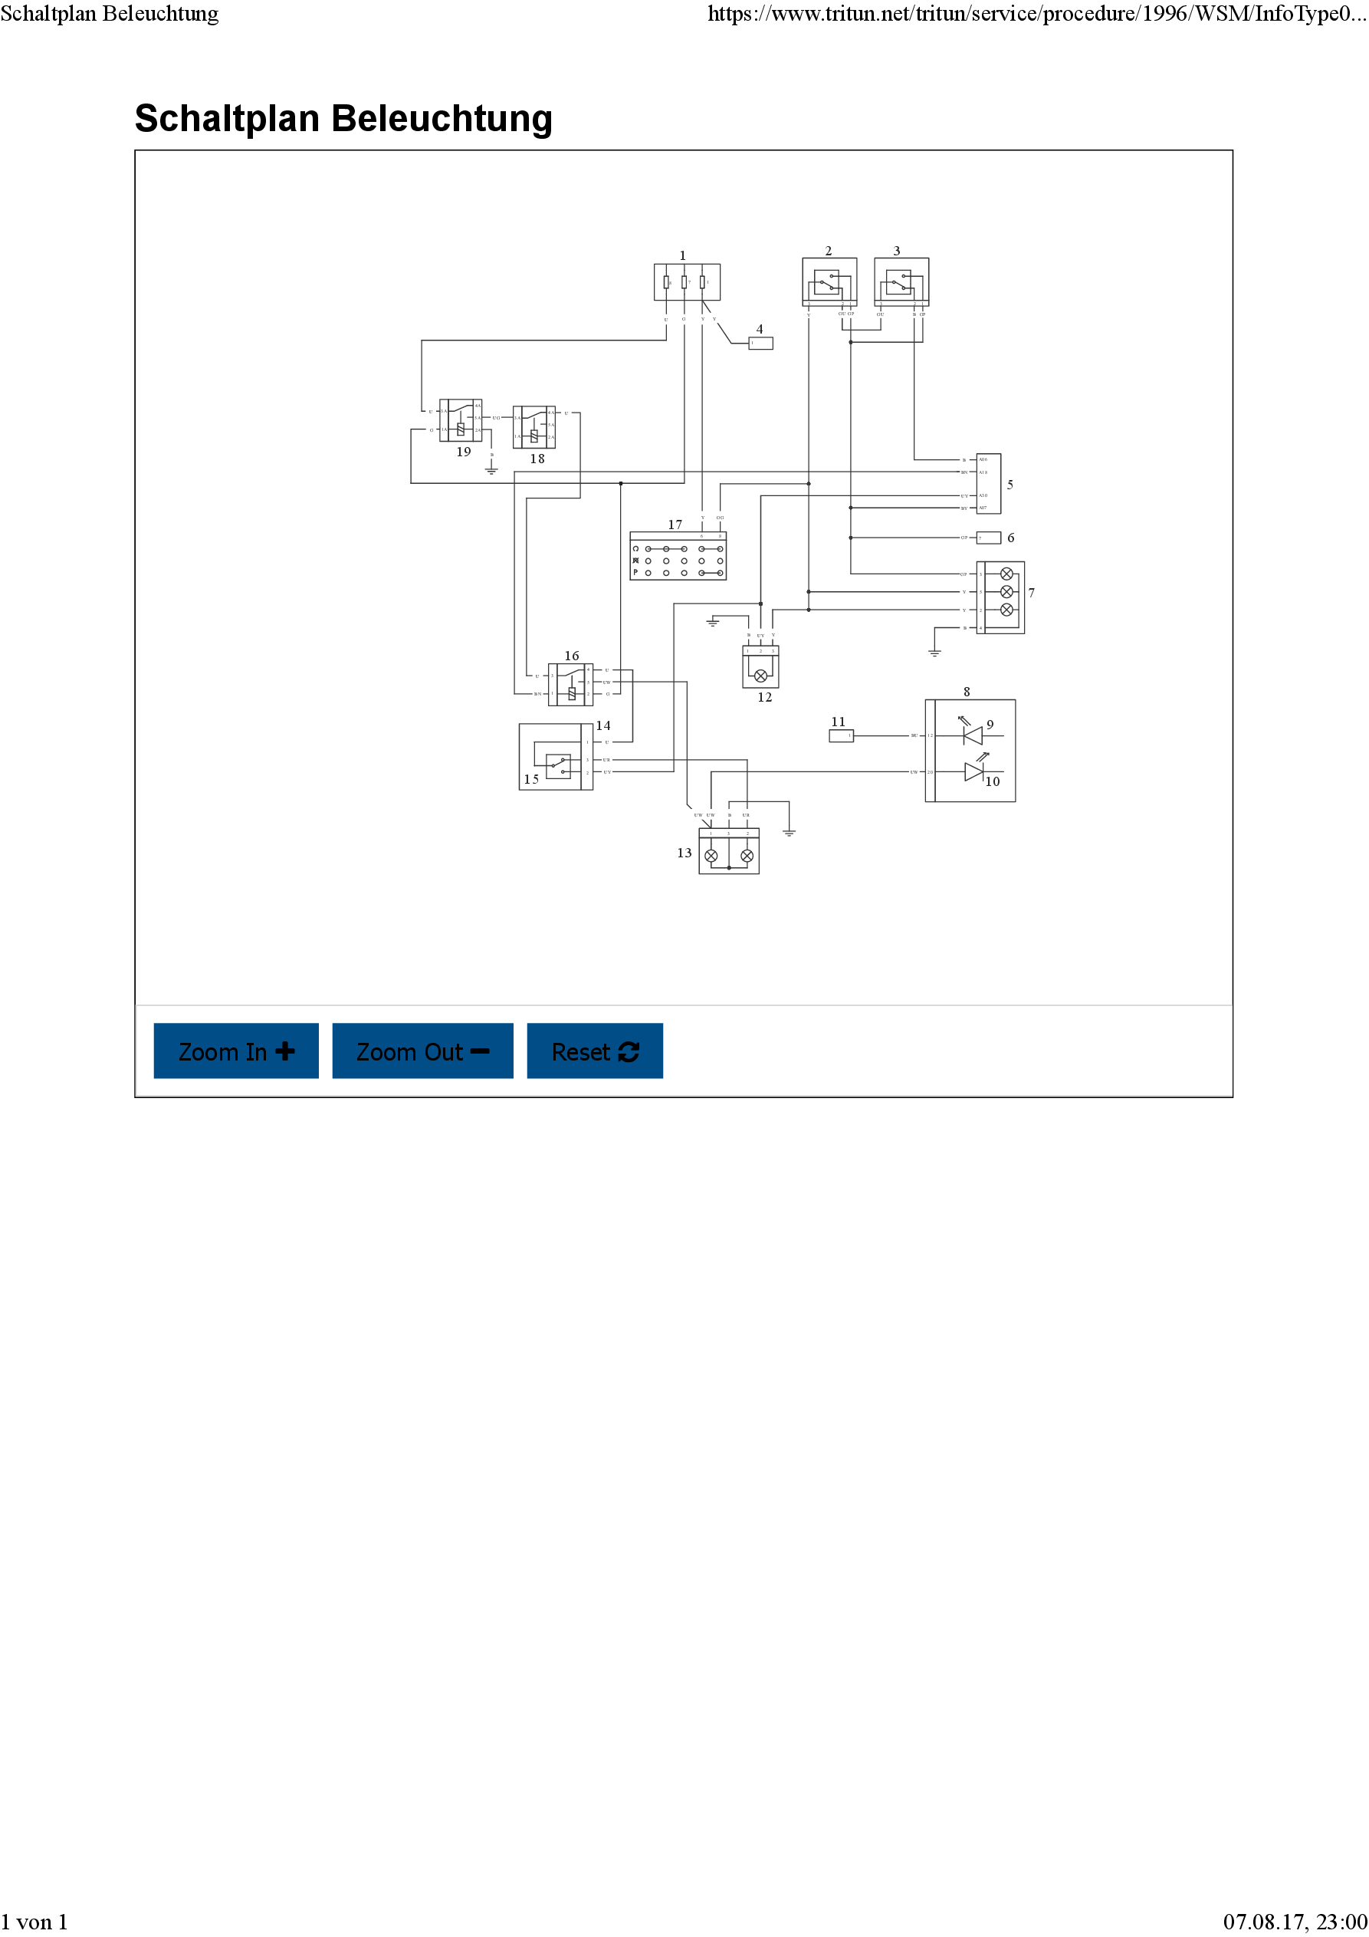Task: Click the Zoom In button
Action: [x=235, y=1051]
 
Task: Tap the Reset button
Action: [x=594, y=1051]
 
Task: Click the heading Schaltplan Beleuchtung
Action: [x=343, y=118]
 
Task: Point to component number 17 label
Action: [x=675, y=524]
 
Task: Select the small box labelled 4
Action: [x=760, y=344]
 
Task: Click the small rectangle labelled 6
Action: [x=988, y=538]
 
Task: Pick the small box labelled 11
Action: [x=841, y=735]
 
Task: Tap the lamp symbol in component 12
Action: [x=760, y=676]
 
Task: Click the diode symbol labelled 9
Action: [x=973, y=735]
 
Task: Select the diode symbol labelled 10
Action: [x=973, y=772]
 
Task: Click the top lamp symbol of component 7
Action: [x=1006, y=574]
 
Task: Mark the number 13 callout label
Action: [x=684, y=853]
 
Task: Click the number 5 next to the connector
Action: [x=1010, y=485]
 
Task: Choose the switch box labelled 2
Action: [x=829, y=281]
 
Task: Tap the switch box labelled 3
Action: [x=901, y=281]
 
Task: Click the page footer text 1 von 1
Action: [x=34, y=1922]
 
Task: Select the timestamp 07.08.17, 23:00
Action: [x=1295, y=1922]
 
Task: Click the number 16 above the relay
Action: [x=572, y=656]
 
